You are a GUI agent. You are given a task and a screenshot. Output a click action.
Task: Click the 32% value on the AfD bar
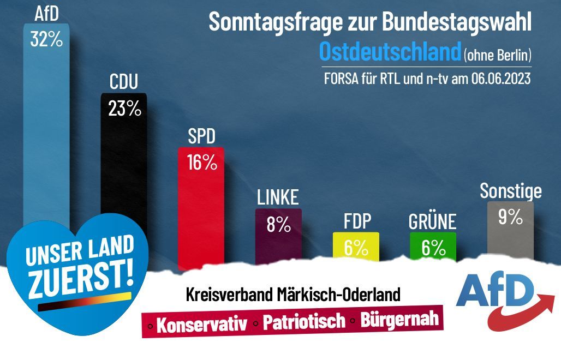[x=46, y=40]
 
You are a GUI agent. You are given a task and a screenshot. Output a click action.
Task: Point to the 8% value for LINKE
[x=278, y=225]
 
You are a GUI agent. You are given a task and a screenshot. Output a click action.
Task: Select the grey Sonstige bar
[x=510, y=235]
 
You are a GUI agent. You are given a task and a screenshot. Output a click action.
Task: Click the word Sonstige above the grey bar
[x=510, y=191]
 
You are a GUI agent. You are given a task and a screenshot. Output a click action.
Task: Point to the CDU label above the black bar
[x=124, y=82]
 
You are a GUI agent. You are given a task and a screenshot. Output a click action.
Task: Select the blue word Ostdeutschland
[x=390, y=52]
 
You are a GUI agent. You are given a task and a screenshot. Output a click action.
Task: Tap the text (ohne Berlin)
[x=497, y=55]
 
